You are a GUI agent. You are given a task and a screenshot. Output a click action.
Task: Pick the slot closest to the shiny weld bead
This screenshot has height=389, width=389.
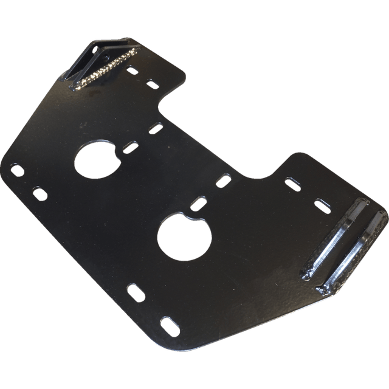click(x=133, y=71)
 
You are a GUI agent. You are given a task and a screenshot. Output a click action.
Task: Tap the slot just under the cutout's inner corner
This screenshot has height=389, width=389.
click(x=155, y=128)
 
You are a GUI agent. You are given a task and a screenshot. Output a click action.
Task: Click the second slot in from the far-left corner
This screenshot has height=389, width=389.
click(x=40, y=193)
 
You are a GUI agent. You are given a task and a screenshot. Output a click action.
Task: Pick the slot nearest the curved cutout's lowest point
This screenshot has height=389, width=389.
click(x=224, y=179)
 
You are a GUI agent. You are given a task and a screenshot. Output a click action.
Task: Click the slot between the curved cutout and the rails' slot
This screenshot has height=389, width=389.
click(x=293, y=181)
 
